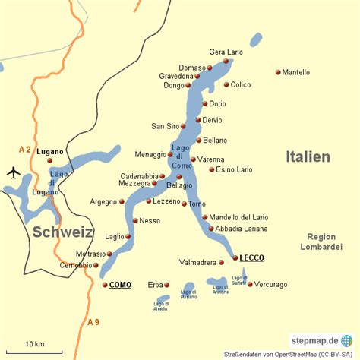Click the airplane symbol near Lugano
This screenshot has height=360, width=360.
tap(13, 172)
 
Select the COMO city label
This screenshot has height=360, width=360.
tap(120, 285)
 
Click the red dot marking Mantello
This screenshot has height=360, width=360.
tap(278, 73)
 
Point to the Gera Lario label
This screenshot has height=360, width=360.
tap(226, 52)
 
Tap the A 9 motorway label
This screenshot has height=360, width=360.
tap(93, 323)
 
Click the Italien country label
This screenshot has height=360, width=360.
tap(308, 156)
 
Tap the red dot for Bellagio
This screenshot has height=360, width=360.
tap(179, 176)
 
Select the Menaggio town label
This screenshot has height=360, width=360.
tap(150, 154)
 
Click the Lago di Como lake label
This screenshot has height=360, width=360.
tap(182, 156)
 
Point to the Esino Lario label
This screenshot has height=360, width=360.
tap(234, 169)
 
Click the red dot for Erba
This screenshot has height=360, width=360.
tap(167, 285)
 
